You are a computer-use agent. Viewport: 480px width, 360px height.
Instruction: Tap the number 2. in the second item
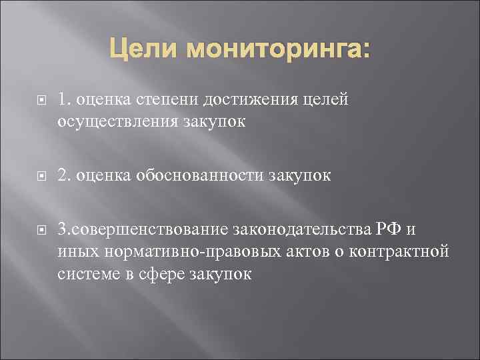[x=65, y=176]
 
